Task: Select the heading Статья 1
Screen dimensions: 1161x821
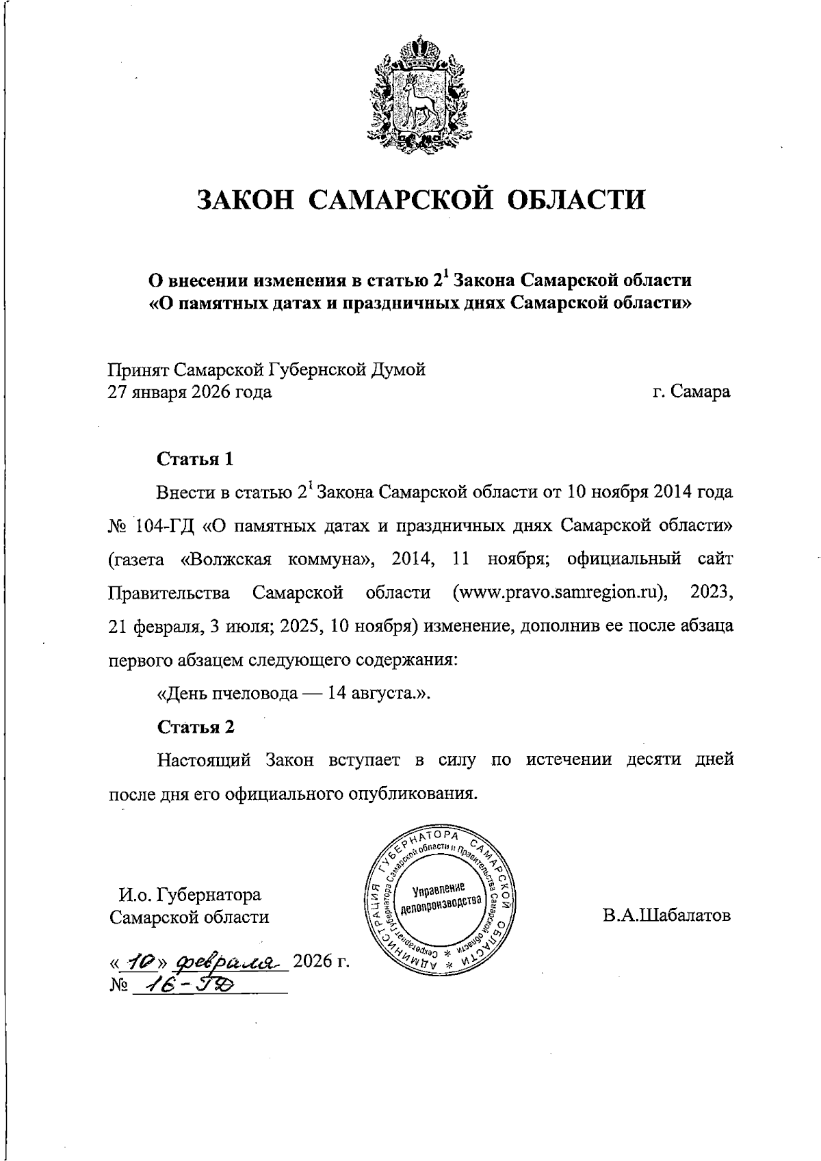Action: pos(196,458)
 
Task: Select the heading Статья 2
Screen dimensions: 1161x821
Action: pos(196,727)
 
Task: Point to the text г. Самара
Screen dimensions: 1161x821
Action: pos(691,392)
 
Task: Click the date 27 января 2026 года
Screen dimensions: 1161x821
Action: pos(190,392)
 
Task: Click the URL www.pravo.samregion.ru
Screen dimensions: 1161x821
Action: pos(560,592)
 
